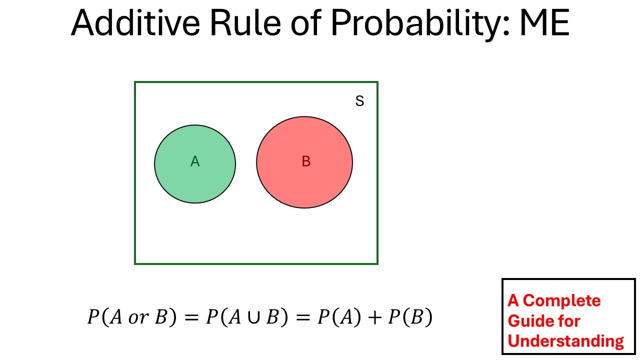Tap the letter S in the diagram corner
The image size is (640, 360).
(359, 101)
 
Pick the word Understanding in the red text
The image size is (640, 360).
(566, 341)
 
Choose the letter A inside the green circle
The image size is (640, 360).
(195, 161)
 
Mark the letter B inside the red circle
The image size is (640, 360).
(306, 161)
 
